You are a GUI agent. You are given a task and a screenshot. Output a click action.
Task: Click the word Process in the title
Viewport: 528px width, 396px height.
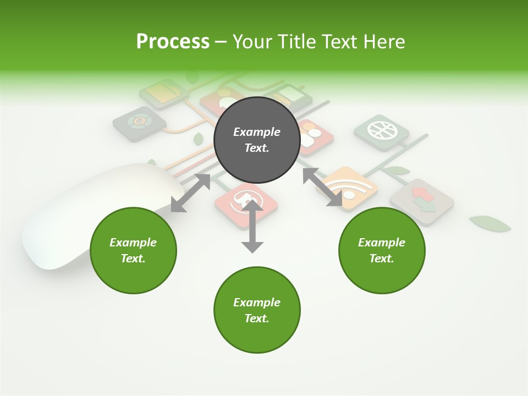point(173,41)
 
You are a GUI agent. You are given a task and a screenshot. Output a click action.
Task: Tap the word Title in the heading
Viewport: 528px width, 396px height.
point(295,41)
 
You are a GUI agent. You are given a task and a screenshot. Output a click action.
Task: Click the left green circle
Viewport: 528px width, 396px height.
point(133,250)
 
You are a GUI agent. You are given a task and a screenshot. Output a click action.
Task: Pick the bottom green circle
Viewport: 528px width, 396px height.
point(257,310)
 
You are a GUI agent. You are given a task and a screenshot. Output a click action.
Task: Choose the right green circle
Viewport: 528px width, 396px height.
point(382,250)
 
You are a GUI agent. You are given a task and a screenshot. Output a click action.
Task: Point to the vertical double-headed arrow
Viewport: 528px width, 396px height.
point(252,227)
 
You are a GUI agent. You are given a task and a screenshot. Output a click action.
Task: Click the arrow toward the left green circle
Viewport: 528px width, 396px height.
point(190,193)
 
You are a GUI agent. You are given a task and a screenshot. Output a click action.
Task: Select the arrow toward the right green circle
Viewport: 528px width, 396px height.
point(322,187)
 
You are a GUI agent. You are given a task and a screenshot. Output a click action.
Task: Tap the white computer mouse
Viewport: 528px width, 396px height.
point(82,220)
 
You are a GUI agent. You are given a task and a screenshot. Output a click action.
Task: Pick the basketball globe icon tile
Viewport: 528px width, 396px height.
point(381,132)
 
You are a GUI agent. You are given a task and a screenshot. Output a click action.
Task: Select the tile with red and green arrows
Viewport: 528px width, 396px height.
point(422,200)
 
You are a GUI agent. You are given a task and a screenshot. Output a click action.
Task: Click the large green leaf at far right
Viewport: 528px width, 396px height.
point(490,223)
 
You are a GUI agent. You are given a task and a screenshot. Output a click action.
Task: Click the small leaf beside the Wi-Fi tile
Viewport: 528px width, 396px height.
point(397,170)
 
